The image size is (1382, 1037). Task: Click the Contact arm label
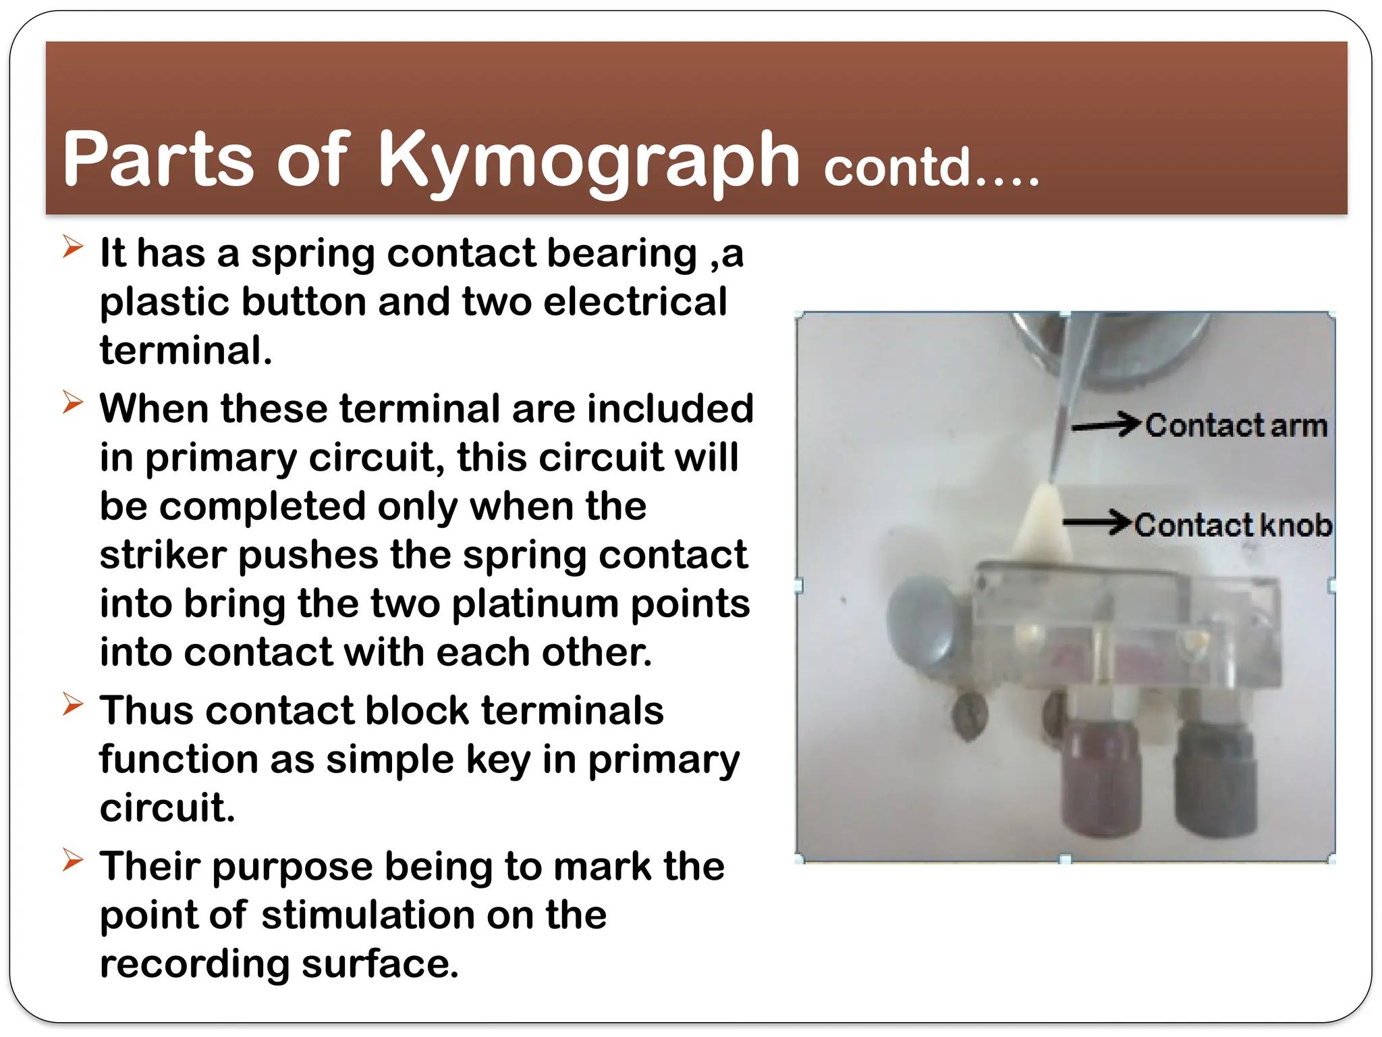tap(1236, 426)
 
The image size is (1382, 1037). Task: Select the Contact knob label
tap(1233, 525)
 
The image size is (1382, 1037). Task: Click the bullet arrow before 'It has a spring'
tap(72, 247)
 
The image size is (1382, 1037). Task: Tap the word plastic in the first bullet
tap(165, 302)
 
